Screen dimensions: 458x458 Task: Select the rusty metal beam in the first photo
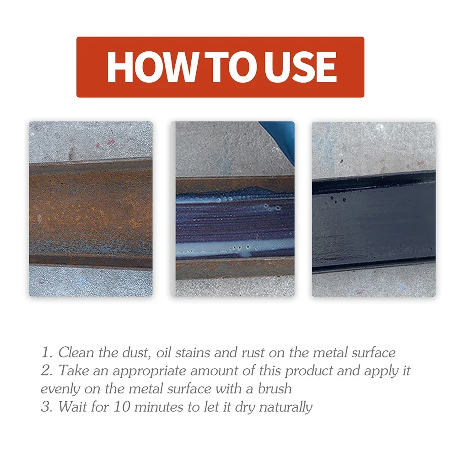(x=91, y=213)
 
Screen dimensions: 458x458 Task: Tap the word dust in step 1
(x=135, y=352)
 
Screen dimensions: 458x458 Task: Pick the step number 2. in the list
(x=47, y=370)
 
